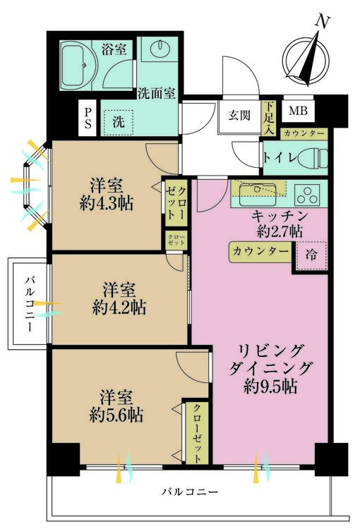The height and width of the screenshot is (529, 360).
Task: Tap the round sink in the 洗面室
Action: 159,49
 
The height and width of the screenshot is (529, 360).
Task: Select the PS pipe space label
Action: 88,118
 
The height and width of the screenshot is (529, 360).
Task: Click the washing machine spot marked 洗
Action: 118,121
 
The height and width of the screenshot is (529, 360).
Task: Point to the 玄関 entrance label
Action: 239,115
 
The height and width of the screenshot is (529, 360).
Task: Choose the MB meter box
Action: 298,110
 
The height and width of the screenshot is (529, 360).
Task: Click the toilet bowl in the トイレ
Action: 313,157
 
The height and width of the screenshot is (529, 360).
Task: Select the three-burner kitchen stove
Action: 308,194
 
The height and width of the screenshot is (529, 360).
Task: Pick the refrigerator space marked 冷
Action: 311,255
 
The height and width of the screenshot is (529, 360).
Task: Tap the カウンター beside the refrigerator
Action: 260,252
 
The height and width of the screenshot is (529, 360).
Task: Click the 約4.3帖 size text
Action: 106,203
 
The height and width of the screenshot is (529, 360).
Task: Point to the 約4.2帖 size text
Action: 119,307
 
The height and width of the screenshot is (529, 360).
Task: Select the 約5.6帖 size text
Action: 116,415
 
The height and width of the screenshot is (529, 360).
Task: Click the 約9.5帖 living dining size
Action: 270,387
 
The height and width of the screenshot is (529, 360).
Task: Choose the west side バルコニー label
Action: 30,303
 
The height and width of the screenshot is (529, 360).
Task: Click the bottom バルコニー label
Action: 189,492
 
